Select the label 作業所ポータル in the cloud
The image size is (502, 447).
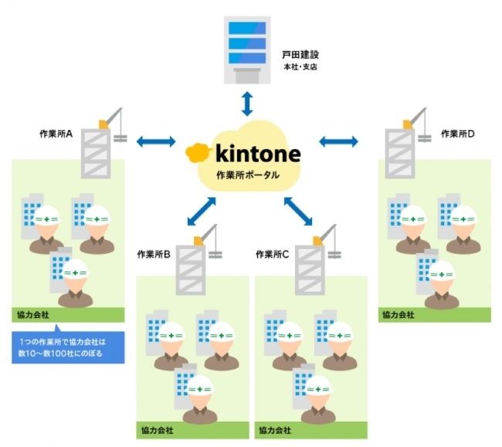[x=248, y=175]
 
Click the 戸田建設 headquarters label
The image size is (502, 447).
[x=301, y=56]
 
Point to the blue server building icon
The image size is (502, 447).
[x=246, y=47]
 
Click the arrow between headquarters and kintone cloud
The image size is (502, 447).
[x=246, y=101]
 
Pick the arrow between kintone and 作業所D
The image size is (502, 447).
[x=338, y=142]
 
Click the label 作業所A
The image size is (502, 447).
[x=56, y=134]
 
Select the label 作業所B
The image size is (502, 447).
[x=154, y=254]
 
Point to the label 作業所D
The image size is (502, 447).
[x=458, y=134]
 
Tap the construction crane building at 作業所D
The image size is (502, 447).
[x=403, y=144]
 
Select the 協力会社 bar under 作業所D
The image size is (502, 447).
[x=434, y=315]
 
